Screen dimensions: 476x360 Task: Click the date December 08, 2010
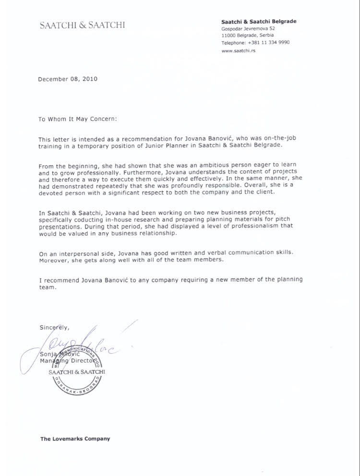pos(68,79)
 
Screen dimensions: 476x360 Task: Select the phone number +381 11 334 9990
pos(269,42)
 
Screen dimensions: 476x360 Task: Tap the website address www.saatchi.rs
pos(239,50)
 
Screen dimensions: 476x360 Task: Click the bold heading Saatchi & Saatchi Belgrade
pos(258,22)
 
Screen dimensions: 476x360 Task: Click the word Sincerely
pos(54,328)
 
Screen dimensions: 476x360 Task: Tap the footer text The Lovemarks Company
pos(75,439)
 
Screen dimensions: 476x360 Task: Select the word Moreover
pos(54,259)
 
